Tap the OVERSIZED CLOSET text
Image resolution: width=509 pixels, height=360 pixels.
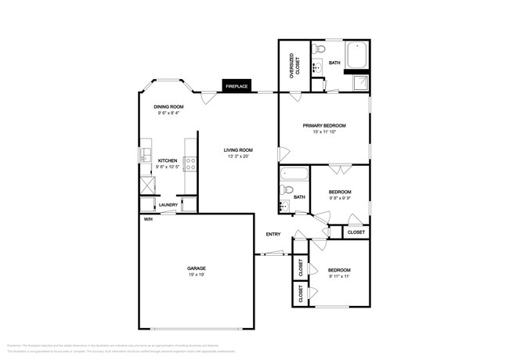click(293, 65)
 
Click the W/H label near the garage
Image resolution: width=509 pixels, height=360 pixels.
click(147, 219)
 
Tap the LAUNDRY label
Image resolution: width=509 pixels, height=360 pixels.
click(168, 205)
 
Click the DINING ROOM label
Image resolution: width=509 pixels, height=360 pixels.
click(168, 106)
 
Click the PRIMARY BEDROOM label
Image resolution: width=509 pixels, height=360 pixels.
click(324, 125)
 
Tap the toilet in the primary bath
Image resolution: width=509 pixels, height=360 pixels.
click(317, 50)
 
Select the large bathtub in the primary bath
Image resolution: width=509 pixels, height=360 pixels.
click(356, 54)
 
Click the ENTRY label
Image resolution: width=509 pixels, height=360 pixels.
click(273, 234)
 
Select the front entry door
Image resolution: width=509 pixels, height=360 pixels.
click(274, 253)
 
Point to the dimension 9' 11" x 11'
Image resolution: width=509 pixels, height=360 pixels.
click(339, 276)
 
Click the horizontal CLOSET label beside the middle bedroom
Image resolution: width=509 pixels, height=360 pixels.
click(356, 232)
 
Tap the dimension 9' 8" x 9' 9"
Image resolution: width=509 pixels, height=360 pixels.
click(339, 198)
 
